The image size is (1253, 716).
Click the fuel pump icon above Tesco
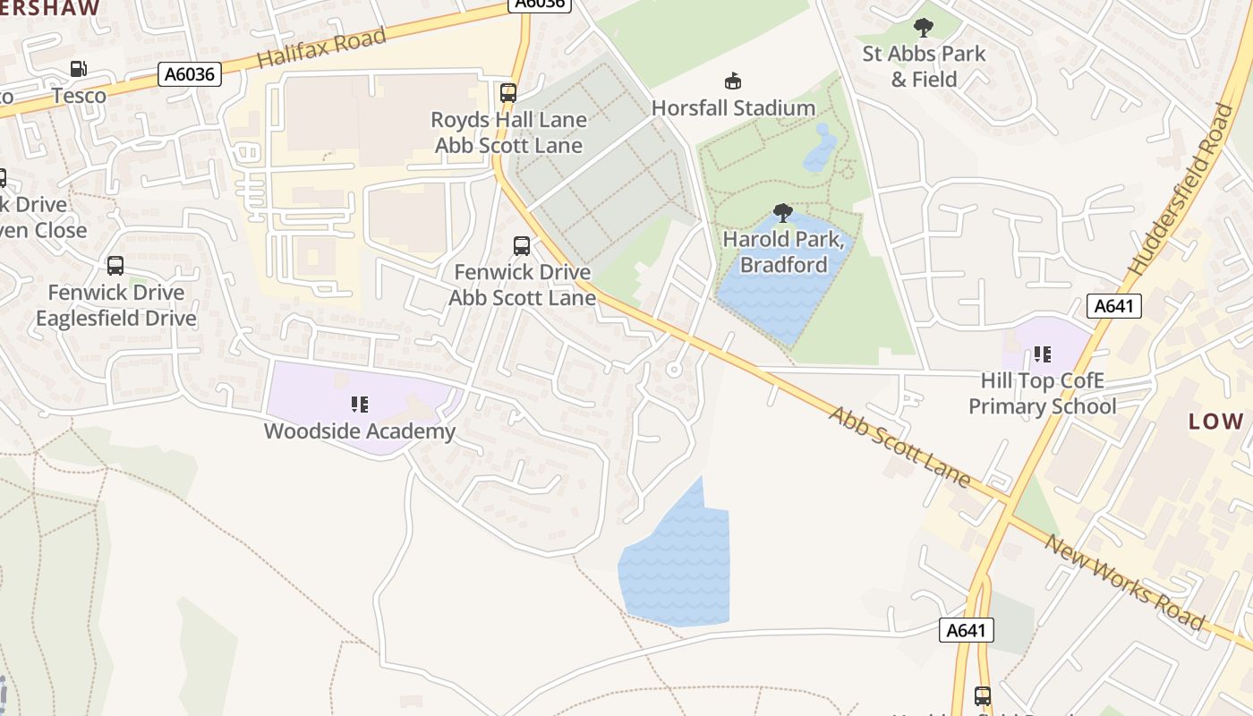(x=79, y=69)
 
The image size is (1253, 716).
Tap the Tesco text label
(x=79, y=96)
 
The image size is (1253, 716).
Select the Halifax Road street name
(x=321, y=47)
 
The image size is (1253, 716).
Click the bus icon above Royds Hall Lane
(x=508, y=92)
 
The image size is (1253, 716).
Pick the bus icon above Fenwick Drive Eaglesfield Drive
(x=115, y=266)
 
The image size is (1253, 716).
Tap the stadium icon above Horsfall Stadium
(x=733, y=81)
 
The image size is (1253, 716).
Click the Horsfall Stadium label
(x=733, y=108)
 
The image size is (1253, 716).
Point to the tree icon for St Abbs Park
(x=924, y=28)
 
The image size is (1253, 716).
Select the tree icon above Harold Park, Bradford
(x=783, y=213)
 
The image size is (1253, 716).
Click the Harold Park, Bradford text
(x=783, y=252)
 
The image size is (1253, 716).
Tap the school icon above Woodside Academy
(x=360, y=405)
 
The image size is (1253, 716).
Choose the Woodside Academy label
(x=360, y=431)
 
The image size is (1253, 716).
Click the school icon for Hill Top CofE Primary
(x=1043, y=354)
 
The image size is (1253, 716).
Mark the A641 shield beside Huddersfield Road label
(x=1114, y=306)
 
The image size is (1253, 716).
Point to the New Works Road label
(x=1124, y=583)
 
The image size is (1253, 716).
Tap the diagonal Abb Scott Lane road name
(x=899, y=447)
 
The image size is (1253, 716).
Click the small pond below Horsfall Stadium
(x=821, y=149)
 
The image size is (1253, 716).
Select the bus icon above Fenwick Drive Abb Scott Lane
(x=522, y=246)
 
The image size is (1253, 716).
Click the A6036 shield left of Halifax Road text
(x=190, y=74)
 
